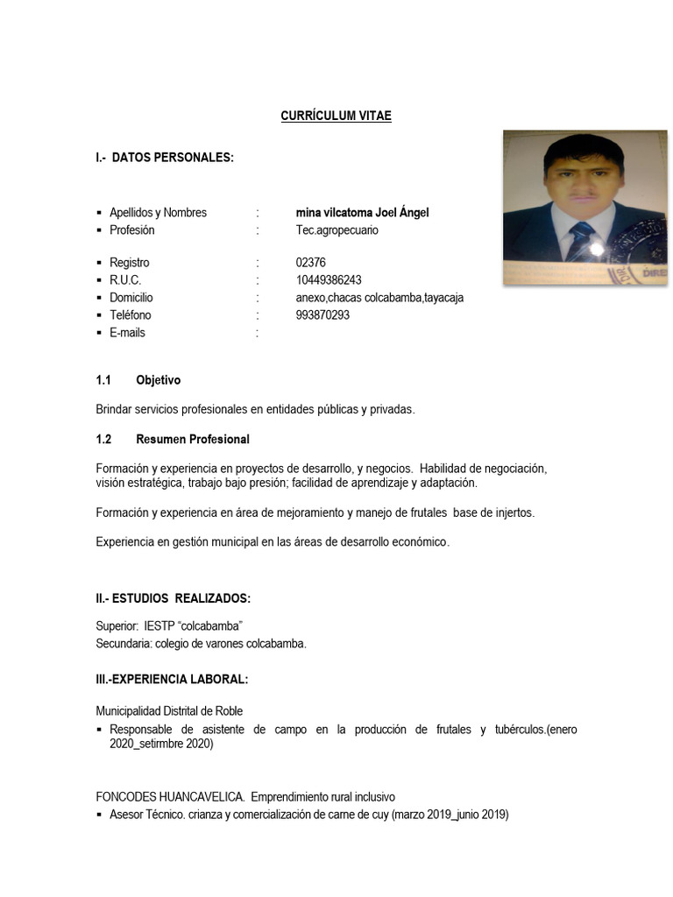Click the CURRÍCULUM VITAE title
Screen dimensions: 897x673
coord(336,116)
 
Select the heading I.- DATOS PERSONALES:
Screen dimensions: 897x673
coord(165,158)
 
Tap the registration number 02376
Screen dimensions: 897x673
coord(310,263)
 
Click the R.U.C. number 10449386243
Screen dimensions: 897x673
coord(329,280)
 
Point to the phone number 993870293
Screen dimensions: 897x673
coord(322,315)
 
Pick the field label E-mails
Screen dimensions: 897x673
coord(127,333)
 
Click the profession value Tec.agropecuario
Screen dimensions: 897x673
coord(337,230)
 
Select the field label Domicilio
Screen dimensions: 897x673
coord(131,298)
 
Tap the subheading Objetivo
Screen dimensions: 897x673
coord(159,380)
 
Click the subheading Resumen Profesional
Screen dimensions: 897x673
coord(193,439)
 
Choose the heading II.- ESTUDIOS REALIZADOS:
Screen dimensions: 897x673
coord(174,598)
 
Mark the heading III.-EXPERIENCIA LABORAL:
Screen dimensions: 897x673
coord(172,680)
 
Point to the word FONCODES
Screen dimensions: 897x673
coord(125,797)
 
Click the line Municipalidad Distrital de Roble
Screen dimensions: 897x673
coord(169,711)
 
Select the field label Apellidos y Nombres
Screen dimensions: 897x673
coord(158,213)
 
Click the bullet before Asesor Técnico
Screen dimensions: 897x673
coord(100,815)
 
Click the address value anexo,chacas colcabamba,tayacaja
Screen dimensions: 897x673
coord(380,298)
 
